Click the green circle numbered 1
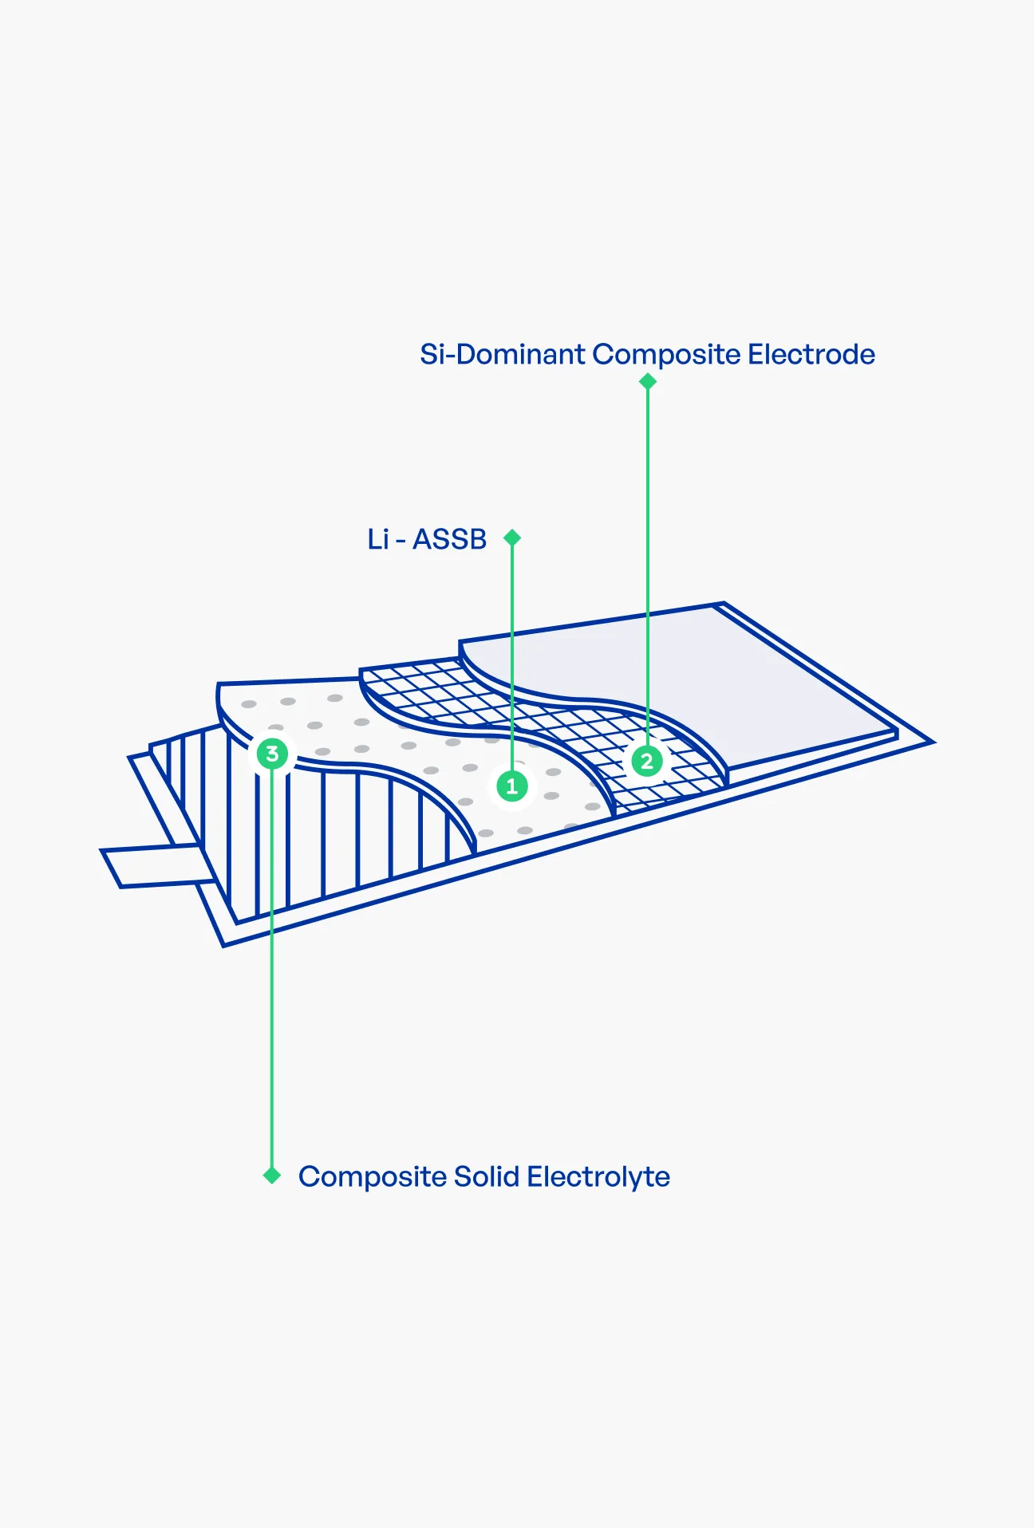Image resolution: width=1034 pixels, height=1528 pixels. point(512,786)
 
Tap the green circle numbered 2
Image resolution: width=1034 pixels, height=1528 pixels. point(647,761)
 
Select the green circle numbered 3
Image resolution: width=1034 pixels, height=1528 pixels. point(272,754)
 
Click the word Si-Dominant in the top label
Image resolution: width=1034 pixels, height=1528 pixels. point(503,354)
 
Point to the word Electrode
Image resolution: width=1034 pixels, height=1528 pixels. point(811,354)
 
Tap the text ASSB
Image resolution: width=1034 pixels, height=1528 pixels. point(449,540)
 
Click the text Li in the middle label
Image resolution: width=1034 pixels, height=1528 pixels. point(377,540)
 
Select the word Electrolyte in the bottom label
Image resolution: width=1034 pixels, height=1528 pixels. point(598,1177)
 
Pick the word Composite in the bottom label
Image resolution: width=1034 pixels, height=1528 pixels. point(373,1178)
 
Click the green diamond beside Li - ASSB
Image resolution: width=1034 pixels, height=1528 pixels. point(512,538)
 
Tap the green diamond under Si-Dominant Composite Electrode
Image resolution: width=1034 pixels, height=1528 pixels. point(648,382)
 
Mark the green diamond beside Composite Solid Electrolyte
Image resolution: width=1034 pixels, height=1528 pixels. point(272,1176)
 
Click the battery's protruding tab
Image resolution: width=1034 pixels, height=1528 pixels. point(156,866)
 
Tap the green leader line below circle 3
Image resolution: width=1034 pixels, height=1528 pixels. point(272,968)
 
